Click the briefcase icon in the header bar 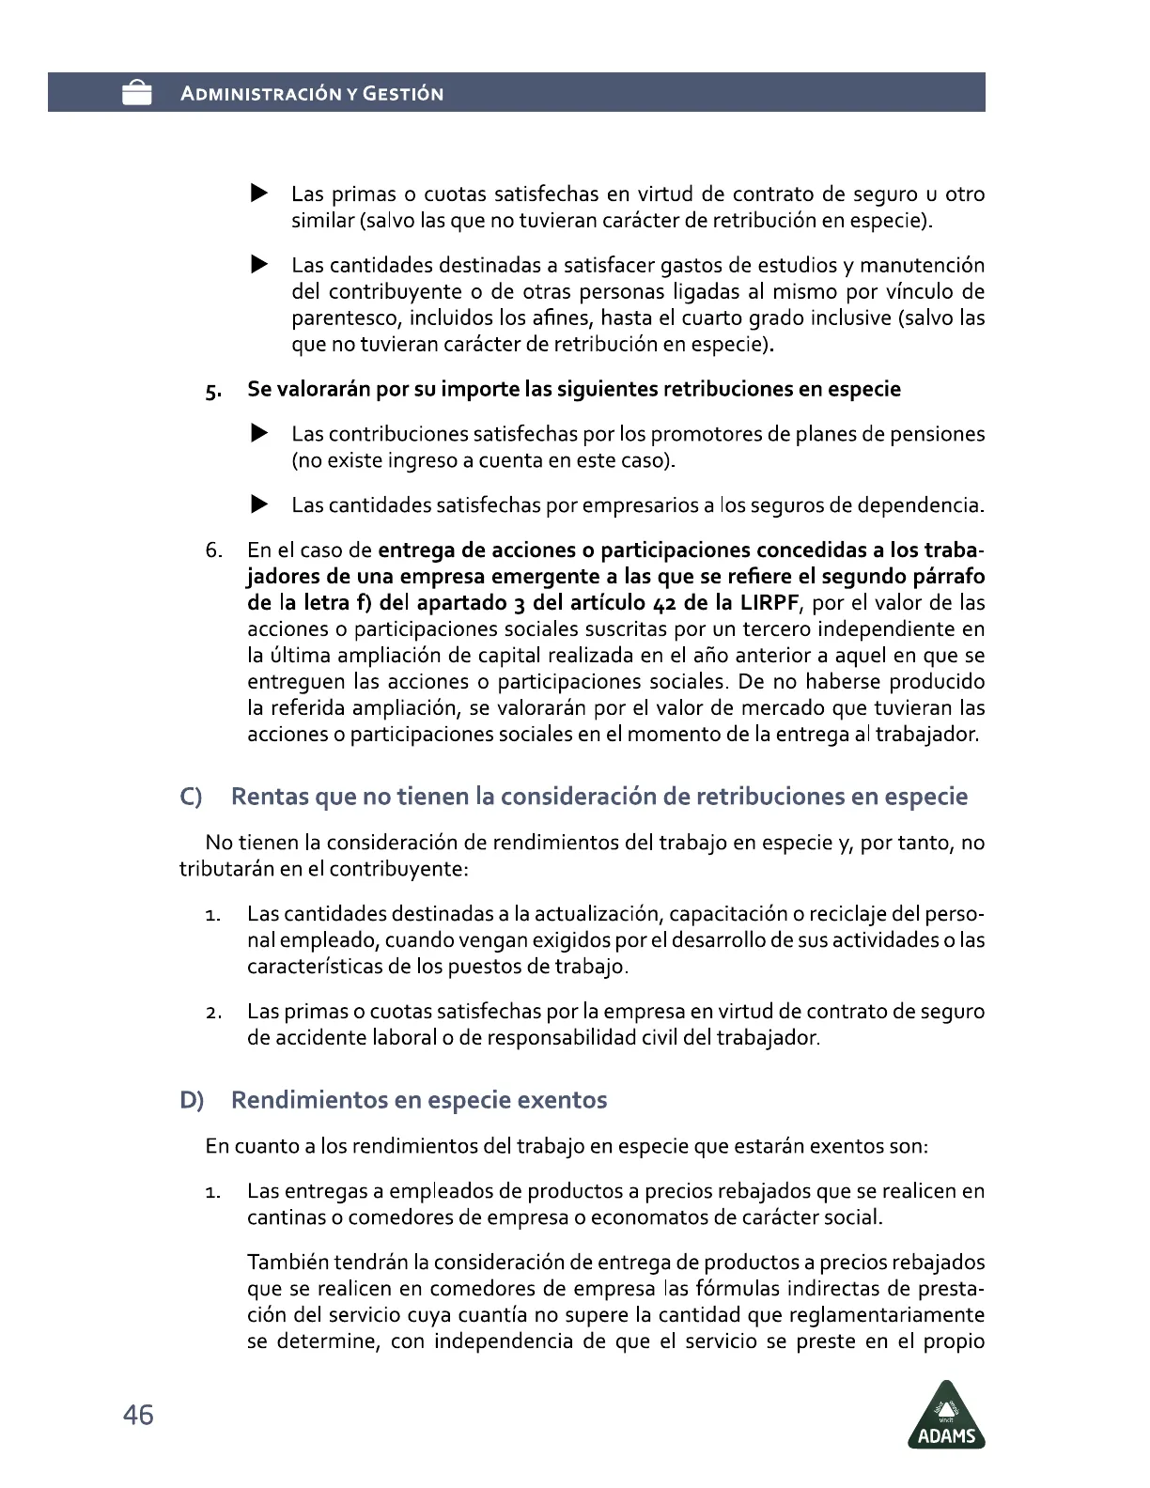(137, 93)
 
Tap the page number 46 (138, 1415)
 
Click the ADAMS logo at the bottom (946, 1415)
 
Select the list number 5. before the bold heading (214, 391)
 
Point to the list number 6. (214, 550)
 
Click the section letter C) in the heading (192, 798)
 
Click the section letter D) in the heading (192, 1100)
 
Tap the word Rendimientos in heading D (309, 1100)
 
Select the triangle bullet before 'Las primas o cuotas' (259, 194)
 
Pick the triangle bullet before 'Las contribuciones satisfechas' (259, 434)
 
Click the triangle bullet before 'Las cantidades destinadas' (259, 266)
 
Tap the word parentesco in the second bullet (345, 318)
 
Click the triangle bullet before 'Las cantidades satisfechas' (259, 505)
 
